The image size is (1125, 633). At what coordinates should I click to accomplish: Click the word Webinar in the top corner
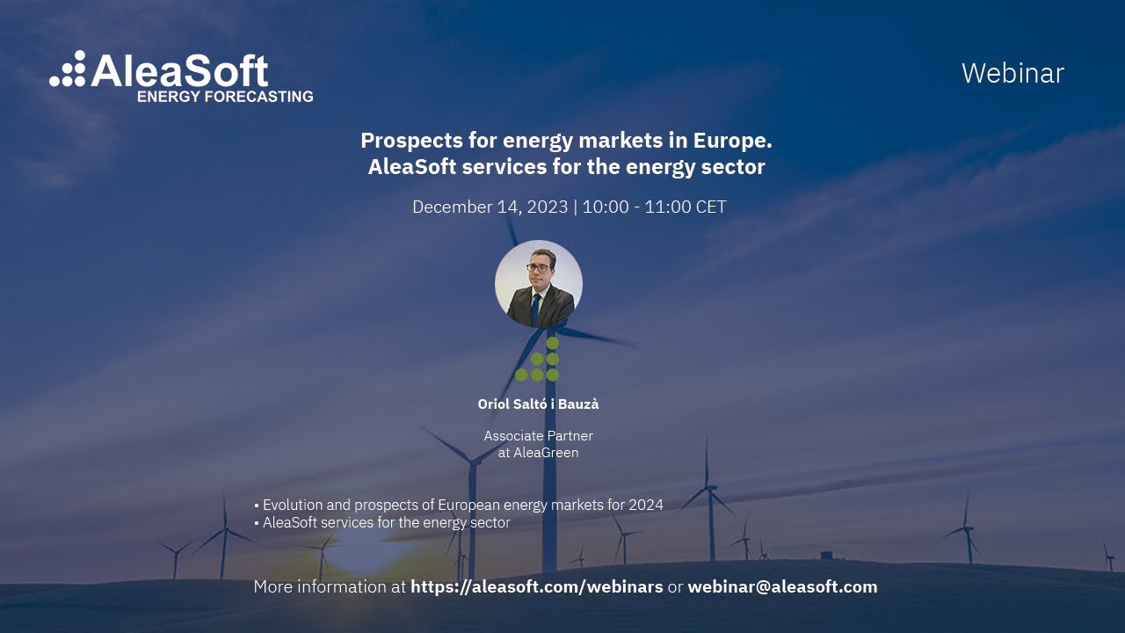tap(1012, 73)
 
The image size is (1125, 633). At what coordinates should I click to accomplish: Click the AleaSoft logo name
tap(179, 70)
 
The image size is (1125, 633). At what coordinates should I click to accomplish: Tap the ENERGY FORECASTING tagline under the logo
tap(225, 96)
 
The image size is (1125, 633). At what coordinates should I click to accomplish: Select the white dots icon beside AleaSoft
tap(68, 69)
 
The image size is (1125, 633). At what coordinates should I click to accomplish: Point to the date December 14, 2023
tap(490, 207)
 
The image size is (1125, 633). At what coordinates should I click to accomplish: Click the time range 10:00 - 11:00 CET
tap(654, 207)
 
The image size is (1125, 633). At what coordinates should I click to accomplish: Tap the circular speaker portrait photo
tap(538, 284)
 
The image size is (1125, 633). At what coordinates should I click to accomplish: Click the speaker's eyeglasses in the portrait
tap(540, 267)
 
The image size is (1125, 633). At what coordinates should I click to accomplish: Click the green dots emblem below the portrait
tap(538, 360)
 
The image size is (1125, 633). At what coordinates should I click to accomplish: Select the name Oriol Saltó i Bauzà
tap(538, 404)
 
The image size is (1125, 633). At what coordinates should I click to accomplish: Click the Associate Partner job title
tap(538, 436)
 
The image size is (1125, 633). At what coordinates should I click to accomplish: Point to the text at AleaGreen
tap(538, 453)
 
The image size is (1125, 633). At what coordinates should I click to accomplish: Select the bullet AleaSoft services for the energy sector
tap(387, 522)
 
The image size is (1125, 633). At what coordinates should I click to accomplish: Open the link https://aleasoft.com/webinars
tap(536, 586)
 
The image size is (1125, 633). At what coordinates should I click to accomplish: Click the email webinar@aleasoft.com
tap(782, 586)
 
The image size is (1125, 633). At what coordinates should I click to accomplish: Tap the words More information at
tap(330, 586)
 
